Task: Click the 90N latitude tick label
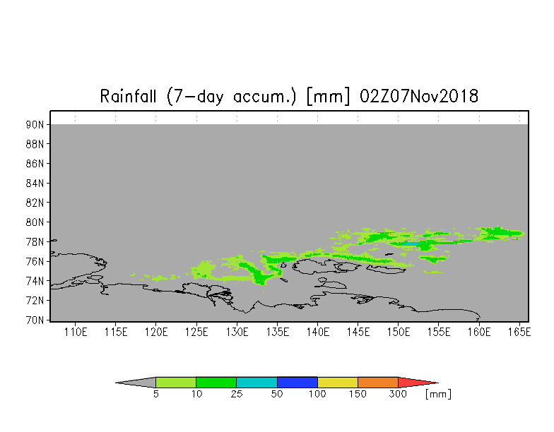(x=35, y=124)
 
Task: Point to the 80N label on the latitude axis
(x=35, y=222)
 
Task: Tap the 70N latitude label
(x=35, y=320)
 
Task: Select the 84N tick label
(x=35, y=184)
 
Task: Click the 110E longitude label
(x=75, y=332)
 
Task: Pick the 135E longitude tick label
(x=277, y=332)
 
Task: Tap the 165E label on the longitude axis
(x=519, y=332)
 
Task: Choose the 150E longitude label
(x=399, y=332)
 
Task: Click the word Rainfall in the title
(x=128, y=96)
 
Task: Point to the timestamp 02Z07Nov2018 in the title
(x=419, y=96)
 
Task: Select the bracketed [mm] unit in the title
(x=328, y=96)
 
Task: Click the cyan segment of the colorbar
(x=257, y=383)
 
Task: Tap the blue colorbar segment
(x=297, y=383)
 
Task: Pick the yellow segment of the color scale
(x=338, y=383)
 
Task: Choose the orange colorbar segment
(x=378, y=383)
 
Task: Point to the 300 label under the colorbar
(x=398, y=394)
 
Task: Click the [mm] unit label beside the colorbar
(x=438, y=394)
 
